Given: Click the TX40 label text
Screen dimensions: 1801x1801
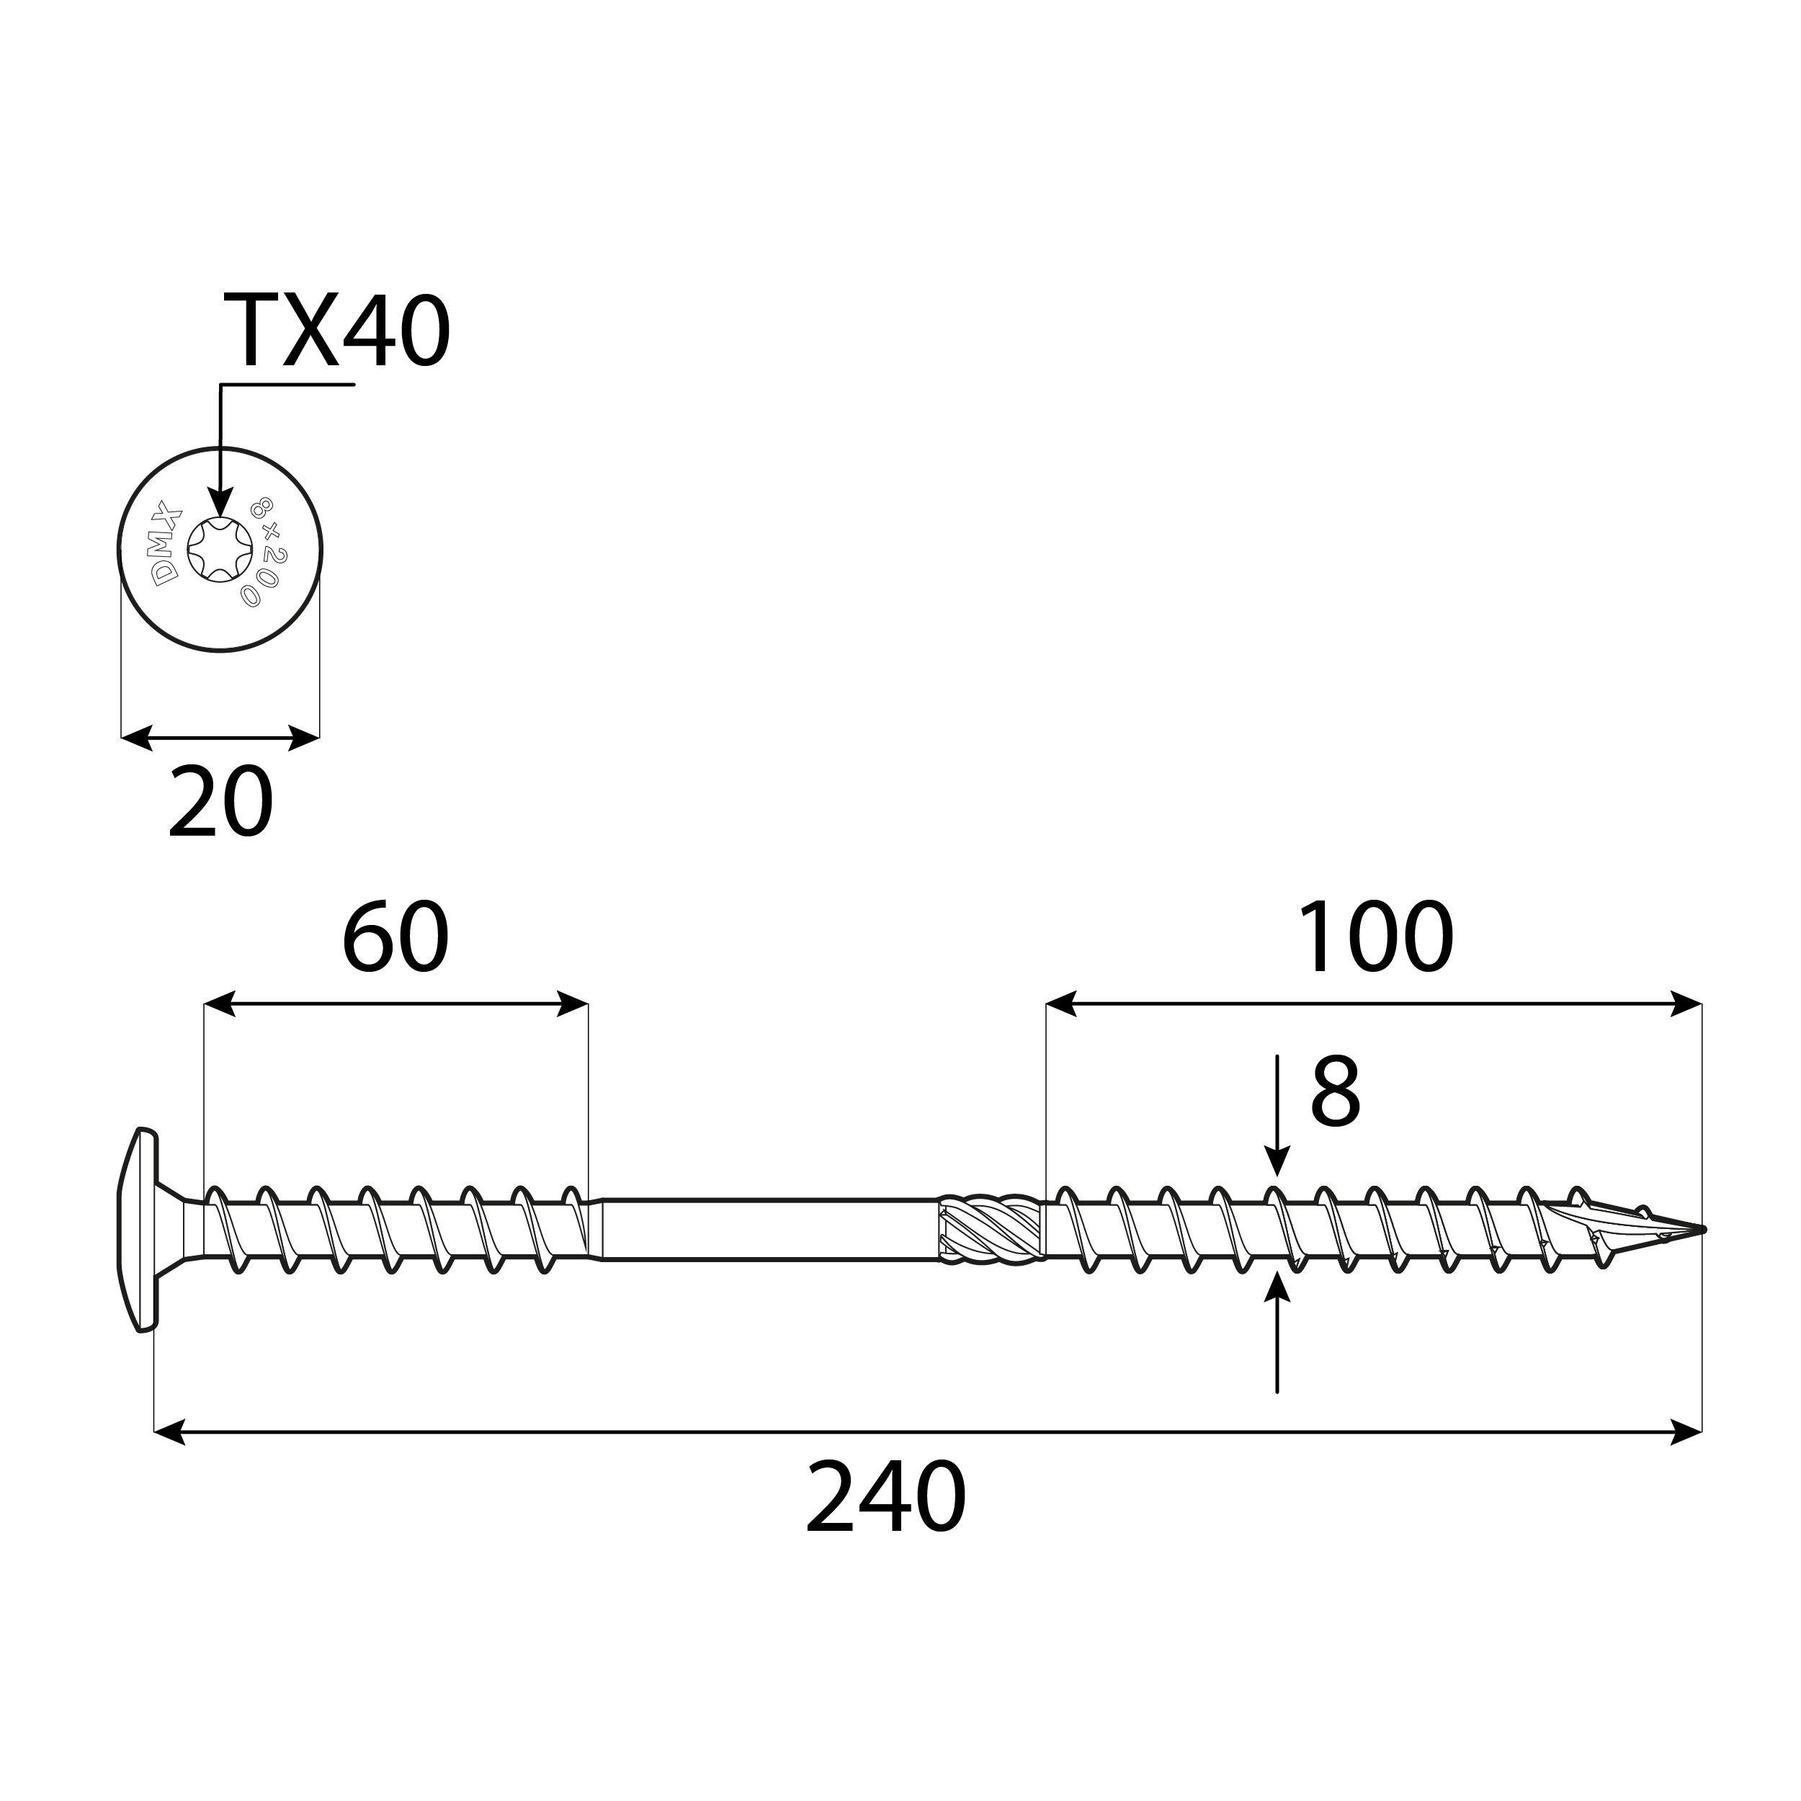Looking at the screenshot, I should click(x=336, y=332).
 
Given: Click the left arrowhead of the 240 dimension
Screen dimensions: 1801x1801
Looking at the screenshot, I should click(x=170, y=1432).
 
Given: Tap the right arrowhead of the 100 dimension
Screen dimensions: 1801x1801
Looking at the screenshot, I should click(x=1686, y=1004).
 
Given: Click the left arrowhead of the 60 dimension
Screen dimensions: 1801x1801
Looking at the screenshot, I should click(x=219, y=1004).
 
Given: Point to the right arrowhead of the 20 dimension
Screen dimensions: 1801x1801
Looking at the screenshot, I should click(x=304, y=738).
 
